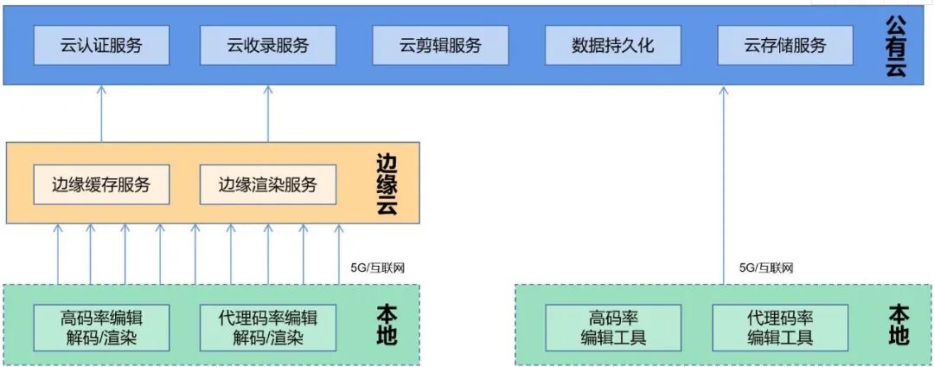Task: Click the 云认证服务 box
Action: (100, 46)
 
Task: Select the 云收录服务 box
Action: (267, 46)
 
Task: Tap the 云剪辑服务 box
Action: (439, 46)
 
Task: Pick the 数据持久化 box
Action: (613, 46)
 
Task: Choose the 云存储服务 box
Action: (784, 46)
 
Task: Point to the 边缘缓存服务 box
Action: (101, 184)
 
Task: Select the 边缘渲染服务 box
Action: (267, 184)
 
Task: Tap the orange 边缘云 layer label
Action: (387, 184)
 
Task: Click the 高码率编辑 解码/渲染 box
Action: (100, 326)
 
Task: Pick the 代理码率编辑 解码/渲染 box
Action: (267, 326)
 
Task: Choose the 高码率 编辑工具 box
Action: (613, 326)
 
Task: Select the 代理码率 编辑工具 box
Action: (780, 326)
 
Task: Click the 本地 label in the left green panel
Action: (388, 325)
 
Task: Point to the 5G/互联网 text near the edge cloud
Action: (378, 267)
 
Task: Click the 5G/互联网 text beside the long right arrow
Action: (766, 267)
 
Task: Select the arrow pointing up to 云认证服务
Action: (101, 113)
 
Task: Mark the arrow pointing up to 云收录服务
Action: (268, 113)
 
